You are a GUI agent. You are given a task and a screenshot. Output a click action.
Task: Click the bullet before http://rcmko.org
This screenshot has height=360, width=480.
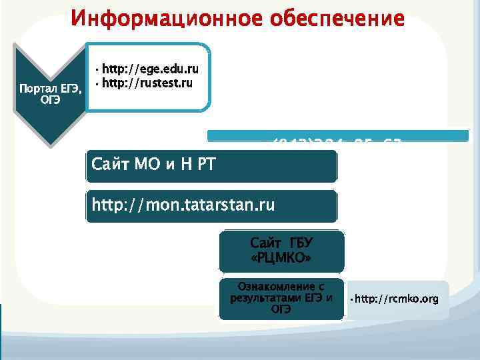tap(351, 299)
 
